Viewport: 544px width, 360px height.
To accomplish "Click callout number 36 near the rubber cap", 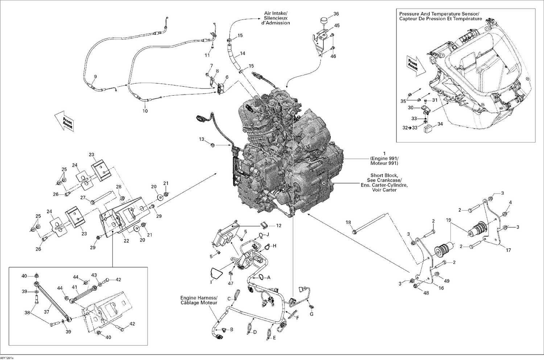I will [336, 14].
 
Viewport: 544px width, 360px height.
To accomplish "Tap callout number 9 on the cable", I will [95, 76].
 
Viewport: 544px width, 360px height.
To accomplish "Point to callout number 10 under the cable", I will [145, 111].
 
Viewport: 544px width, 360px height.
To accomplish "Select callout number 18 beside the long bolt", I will [348, 223].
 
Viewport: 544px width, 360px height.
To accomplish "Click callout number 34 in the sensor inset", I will [440, 124].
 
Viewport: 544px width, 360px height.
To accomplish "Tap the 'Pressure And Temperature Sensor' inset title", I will [440, 16].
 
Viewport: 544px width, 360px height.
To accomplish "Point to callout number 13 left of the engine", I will [202, 139].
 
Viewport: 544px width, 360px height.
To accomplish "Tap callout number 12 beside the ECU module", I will [279, 225].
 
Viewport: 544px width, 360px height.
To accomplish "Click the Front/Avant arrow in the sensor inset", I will [413, 64].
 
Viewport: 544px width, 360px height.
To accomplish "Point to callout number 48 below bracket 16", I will [426, 293].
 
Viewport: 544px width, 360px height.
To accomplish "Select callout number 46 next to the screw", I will [333, 57].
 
